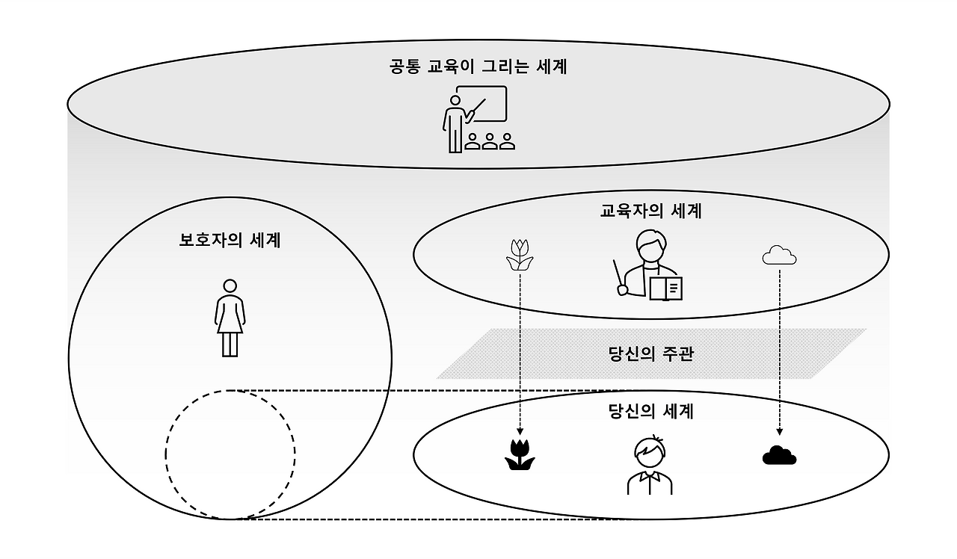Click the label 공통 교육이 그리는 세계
tap(478, 67)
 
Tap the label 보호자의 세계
tap(230, 241)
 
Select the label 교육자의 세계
tap(651, 211)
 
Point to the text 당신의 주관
tap(651, 353)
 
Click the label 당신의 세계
tap(651, 411)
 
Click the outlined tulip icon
tap(519, 255)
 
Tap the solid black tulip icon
tap(520, 454)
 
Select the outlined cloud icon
tap(779, 256)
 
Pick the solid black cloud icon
tap(779, 454)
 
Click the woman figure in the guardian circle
tap(230, 318)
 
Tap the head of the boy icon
tap(649, 451)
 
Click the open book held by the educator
tap(665, 288)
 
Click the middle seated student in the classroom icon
tap(490, 141)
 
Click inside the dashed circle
tap(230, 454)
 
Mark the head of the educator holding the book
tap(649, 245)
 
